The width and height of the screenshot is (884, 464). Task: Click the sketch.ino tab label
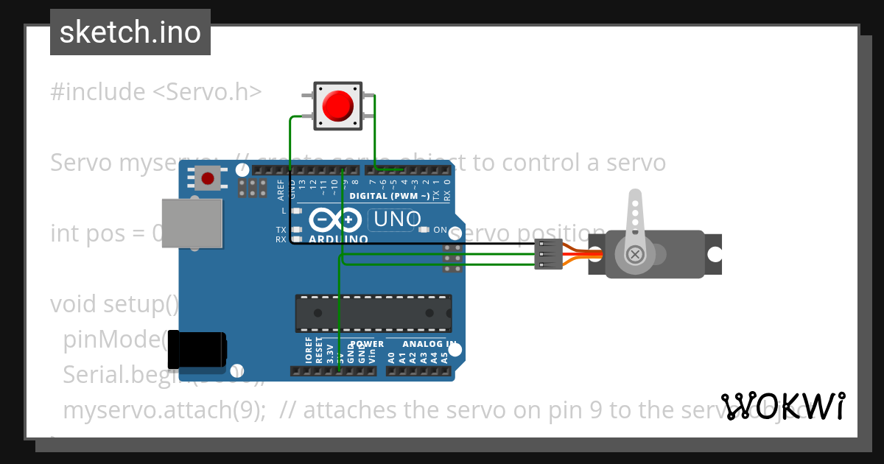tap(130, 32)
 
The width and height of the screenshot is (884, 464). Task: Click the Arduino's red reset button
tap(208, 178)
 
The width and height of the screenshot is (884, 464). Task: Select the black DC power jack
tap(196, 350)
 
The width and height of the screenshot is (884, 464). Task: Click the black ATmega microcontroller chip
tap(373, 312)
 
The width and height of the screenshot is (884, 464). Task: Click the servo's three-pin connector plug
tap(549, 254)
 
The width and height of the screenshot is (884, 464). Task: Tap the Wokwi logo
tap(783, 406)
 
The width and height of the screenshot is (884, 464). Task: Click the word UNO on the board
tap(397, 219)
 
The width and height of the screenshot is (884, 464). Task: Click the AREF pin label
tap(281, 189)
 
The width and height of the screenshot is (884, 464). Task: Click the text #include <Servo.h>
tap(156, 92)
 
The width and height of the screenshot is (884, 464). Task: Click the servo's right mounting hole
tap(715, 254)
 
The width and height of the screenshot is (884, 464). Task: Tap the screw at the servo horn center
tap(634, 254)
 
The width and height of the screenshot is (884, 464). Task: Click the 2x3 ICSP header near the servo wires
tap(452, 259)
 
